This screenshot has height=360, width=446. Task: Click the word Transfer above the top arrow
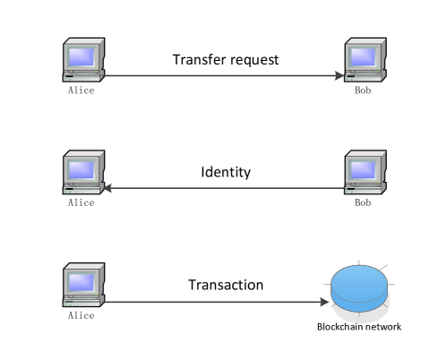[197, 61]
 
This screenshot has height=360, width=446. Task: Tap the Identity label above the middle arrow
[226, 172]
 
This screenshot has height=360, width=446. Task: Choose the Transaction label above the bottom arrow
[226, 286]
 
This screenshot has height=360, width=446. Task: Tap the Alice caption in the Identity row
[81, 203]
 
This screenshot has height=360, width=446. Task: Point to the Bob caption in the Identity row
[363, 203]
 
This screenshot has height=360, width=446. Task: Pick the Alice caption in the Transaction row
[81, 316]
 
